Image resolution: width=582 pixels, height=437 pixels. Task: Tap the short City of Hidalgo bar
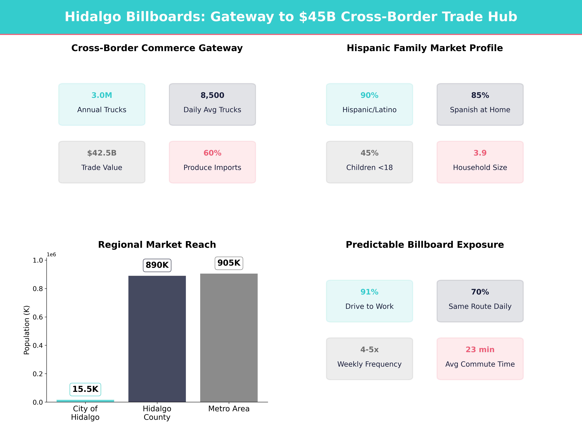[x=85, y=401]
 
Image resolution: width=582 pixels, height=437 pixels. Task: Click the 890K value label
[x=157, y=265]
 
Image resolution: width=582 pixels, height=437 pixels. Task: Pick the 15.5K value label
[x=85, y=389]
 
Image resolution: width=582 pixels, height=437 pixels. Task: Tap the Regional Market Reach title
[x=157, y=245]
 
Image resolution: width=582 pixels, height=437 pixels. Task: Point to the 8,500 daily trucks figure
[x=212, y=95]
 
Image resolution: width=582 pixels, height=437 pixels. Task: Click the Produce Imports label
[x=212, y=168]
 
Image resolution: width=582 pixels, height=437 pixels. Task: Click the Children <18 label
[x=369, y=168]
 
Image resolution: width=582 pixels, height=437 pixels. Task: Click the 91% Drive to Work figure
[x=369, y=292]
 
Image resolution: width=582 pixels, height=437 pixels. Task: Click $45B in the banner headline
[x=317, y=17]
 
